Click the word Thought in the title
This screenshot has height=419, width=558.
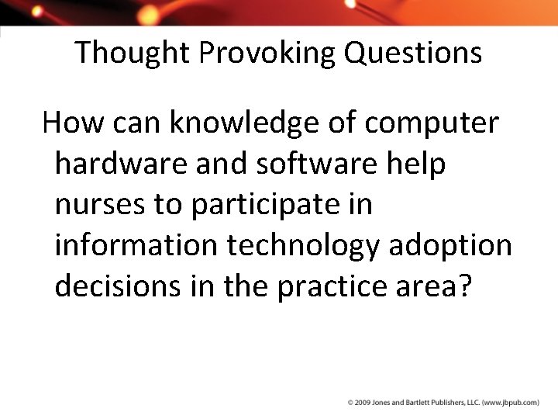(x=133, y=54)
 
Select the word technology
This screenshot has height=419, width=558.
(x=315, y=244)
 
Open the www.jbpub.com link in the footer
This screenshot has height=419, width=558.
(x=511, y=403)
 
